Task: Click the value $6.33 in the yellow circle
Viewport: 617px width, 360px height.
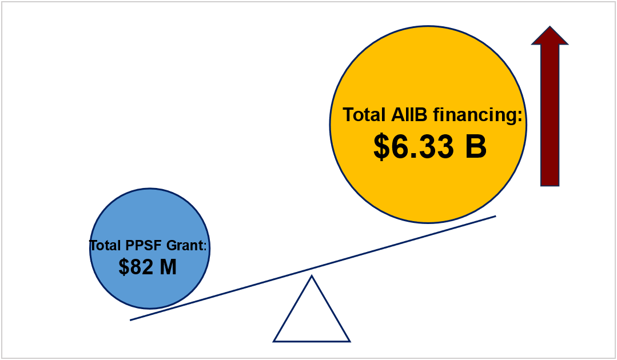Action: point(413,146)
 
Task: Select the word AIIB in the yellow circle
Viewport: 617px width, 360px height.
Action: point(409,115)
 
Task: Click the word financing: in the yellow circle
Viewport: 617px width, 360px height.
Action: point(477,115)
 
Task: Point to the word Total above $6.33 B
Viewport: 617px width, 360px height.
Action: point(364,115)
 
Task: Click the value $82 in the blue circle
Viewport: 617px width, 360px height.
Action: point(136,267)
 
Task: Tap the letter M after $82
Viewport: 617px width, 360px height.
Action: point(169,267)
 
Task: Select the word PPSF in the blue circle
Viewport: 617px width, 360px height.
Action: point(144,245)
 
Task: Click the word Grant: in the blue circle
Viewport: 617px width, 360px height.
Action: point(186,245)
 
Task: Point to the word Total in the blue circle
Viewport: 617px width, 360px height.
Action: point(106,245)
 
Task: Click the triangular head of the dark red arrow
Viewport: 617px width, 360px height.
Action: point(550,36)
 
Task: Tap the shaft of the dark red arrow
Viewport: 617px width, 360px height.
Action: point(550,115)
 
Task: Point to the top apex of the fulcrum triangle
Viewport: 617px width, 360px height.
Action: point(312,276)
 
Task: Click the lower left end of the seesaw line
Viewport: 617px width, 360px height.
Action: point(130,321)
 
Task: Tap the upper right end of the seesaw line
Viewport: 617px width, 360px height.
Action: point(496,216)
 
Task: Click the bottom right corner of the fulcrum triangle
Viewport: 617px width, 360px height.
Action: point(349,341)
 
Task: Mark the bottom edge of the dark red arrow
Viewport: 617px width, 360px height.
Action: point(550,186)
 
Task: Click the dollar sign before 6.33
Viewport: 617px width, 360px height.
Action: point(381,147)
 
